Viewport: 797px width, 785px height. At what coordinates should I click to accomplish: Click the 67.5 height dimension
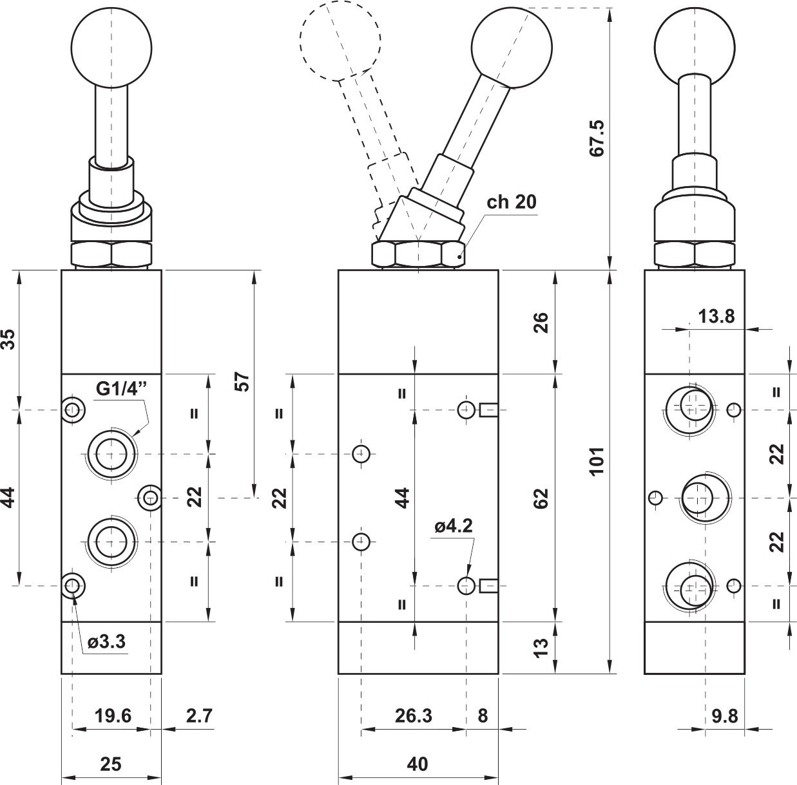pos(597,138)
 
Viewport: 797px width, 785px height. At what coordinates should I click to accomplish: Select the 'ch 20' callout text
pos(511,202)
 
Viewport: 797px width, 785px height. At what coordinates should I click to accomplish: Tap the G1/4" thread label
pos(122,388)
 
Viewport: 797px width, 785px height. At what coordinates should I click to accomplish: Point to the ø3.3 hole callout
pos(107,641)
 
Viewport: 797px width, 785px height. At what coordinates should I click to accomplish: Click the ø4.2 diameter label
pos(454,526)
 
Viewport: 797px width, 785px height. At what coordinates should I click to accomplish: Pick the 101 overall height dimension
pos(597,460)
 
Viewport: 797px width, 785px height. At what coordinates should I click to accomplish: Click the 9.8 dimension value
pos(725,716)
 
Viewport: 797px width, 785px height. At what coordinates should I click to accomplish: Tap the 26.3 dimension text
pos(414,715)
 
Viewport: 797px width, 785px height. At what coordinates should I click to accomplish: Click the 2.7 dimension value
pos(199,715)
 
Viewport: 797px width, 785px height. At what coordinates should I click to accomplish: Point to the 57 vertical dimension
pos(242,382)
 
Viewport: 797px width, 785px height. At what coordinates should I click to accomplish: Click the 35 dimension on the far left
pos(8,339)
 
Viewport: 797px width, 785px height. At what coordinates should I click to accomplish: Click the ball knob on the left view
pos(111,48)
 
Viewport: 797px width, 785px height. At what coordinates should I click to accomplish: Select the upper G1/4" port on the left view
pos(111,454)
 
